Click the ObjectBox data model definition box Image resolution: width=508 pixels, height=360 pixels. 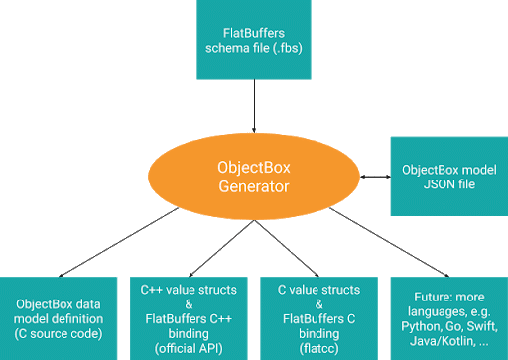61,313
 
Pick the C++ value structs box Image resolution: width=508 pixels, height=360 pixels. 187,313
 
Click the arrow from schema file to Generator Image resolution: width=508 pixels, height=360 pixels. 256,105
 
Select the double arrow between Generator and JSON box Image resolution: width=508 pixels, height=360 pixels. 374,177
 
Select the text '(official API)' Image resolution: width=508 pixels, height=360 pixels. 187,339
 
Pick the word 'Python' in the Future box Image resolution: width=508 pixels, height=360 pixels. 417,324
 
